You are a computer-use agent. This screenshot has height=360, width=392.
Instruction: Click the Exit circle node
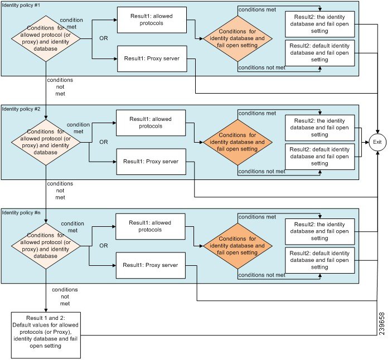(378, 142)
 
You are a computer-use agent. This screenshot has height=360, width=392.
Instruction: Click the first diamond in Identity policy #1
(46, 39)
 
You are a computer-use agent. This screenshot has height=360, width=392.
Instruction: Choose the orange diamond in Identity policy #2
(238, 142)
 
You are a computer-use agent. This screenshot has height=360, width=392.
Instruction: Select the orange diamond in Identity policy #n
(238, 246)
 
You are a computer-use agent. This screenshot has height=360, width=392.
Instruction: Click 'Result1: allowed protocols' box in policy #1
(152, 21)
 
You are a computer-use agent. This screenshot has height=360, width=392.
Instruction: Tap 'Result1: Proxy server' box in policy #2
(150, 161)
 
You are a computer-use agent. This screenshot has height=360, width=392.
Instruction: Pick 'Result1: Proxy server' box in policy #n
(150, 265)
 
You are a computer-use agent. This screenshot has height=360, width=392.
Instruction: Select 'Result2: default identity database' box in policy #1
(320, 53)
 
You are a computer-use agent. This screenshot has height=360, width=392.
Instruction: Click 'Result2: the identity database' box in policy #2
(320, 127)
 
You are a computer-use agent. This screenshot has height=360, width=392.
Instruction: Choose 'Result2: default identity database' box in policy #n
(320, 261)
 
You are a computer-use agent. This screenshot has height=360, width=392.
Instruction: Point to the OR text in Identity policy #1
(103, 38)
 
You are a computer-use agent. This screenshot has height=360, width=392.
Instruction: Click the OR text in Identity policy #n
(103, 246)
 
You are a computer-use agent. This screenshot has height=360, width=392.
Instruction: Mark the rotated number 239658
(382, 322)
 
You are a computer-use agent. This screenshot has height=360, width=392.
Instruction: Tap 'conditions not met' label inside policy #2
(262, 171)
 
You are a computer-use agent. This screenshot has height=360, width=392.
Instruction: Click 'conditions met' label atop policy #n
(257, 217)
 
